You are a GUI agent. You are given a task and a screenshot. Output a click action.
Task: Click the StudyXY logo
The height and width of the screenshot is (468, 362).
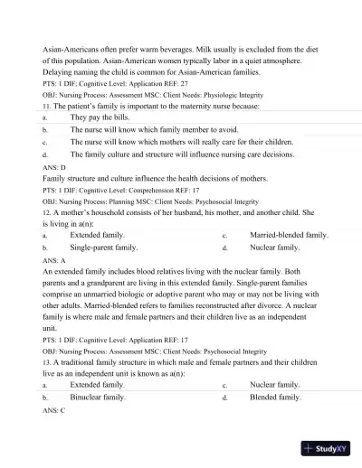tap(328, 448)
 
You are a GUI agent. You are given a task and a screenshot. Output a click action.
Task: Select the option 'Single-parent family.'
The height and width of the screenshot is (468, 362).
tap(104, 247)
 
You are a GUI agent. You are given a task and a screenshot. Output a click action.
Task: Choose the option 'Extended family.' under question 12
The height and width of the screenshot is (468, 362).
tap(97, 234)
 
